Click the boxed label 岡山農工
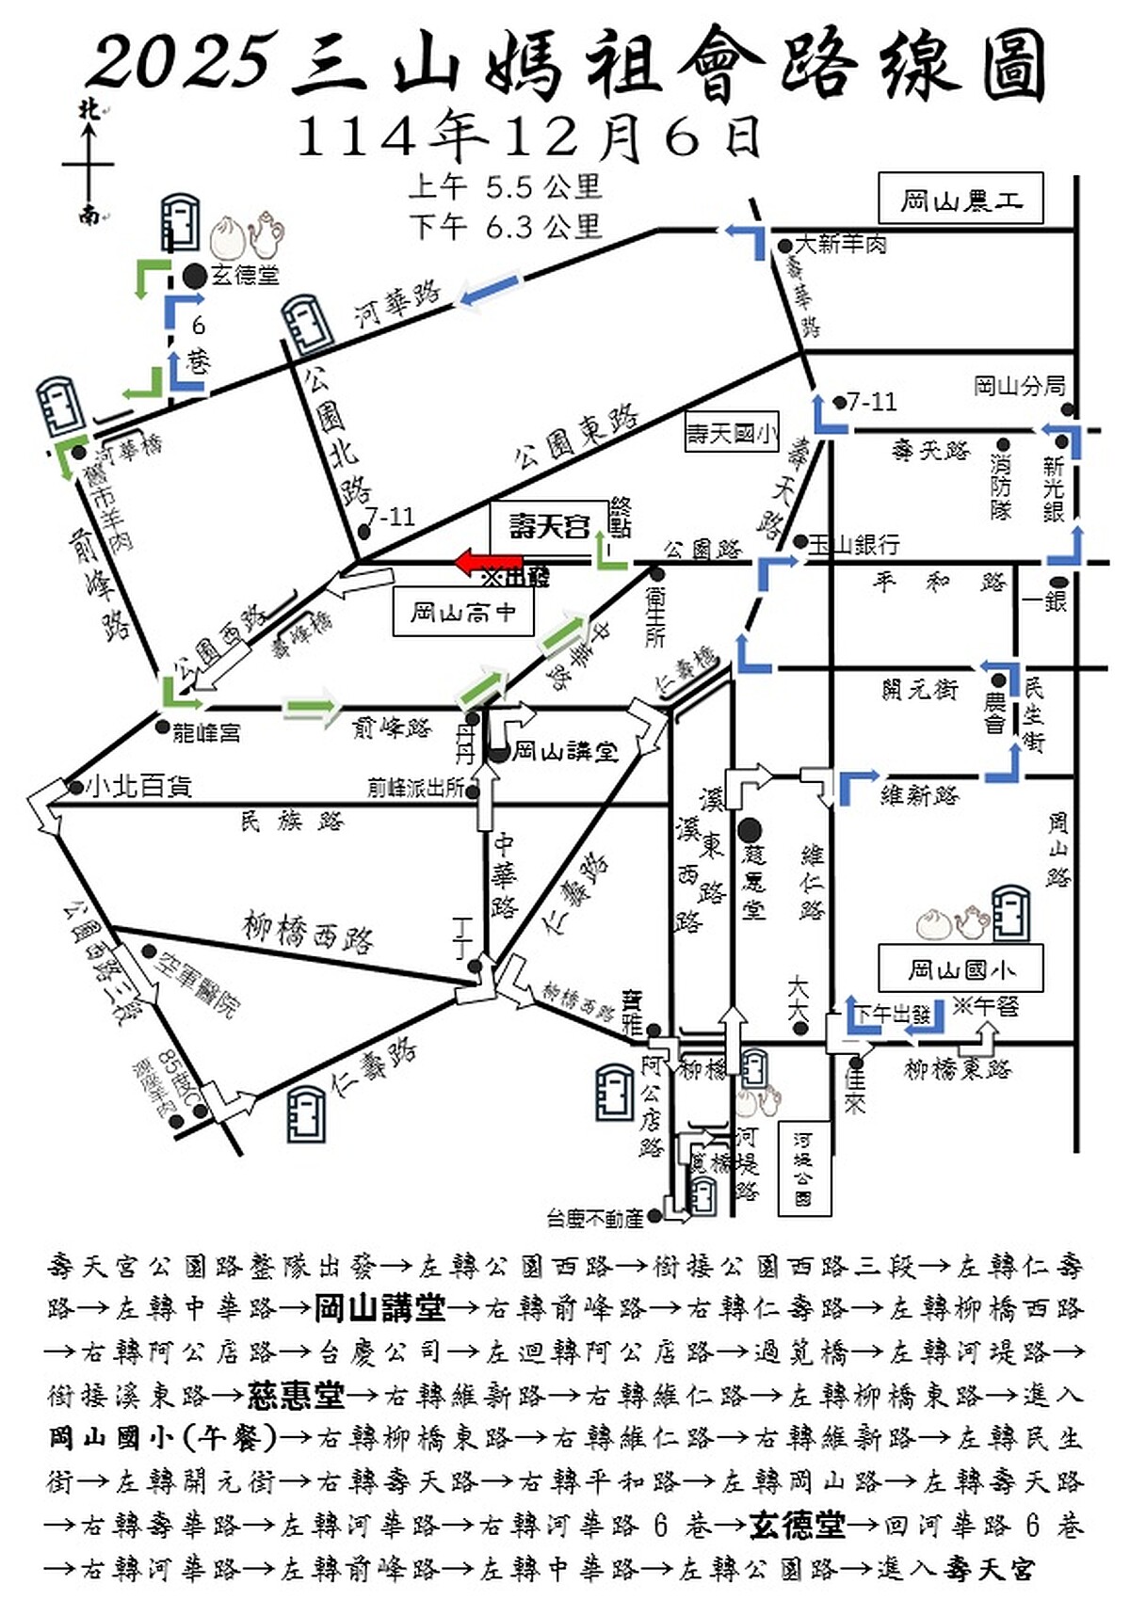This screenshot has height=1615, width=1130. coord(960,199)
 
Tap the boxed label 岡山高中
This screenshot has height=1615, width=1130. coord(462,613)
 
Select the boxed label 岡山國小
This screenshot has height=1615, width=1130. coord(960,968)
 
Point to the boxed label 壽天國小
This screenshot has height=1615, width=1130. coord(732,434)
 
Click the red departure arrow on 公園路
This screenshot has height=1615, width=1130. coord(488,563)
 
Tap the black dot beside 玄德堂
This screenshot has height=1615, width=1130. coord(194,276)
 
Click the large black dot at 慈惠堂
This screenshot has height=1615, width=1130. coord(751,830)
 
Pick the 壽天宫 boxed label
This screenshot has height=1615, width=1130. coord(549,525)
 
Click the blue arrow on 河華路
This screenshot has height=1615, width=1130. coord(489,289)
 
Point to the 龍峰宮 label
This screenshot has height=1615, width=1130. coord(206,731)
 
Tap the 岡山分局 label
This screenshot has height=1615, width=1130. coord(1019,386)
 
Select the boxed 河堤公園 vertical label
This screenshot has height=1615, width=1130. coord(803,1167)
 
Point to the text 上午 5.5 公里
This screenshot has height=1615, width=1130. coord(505,186)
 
